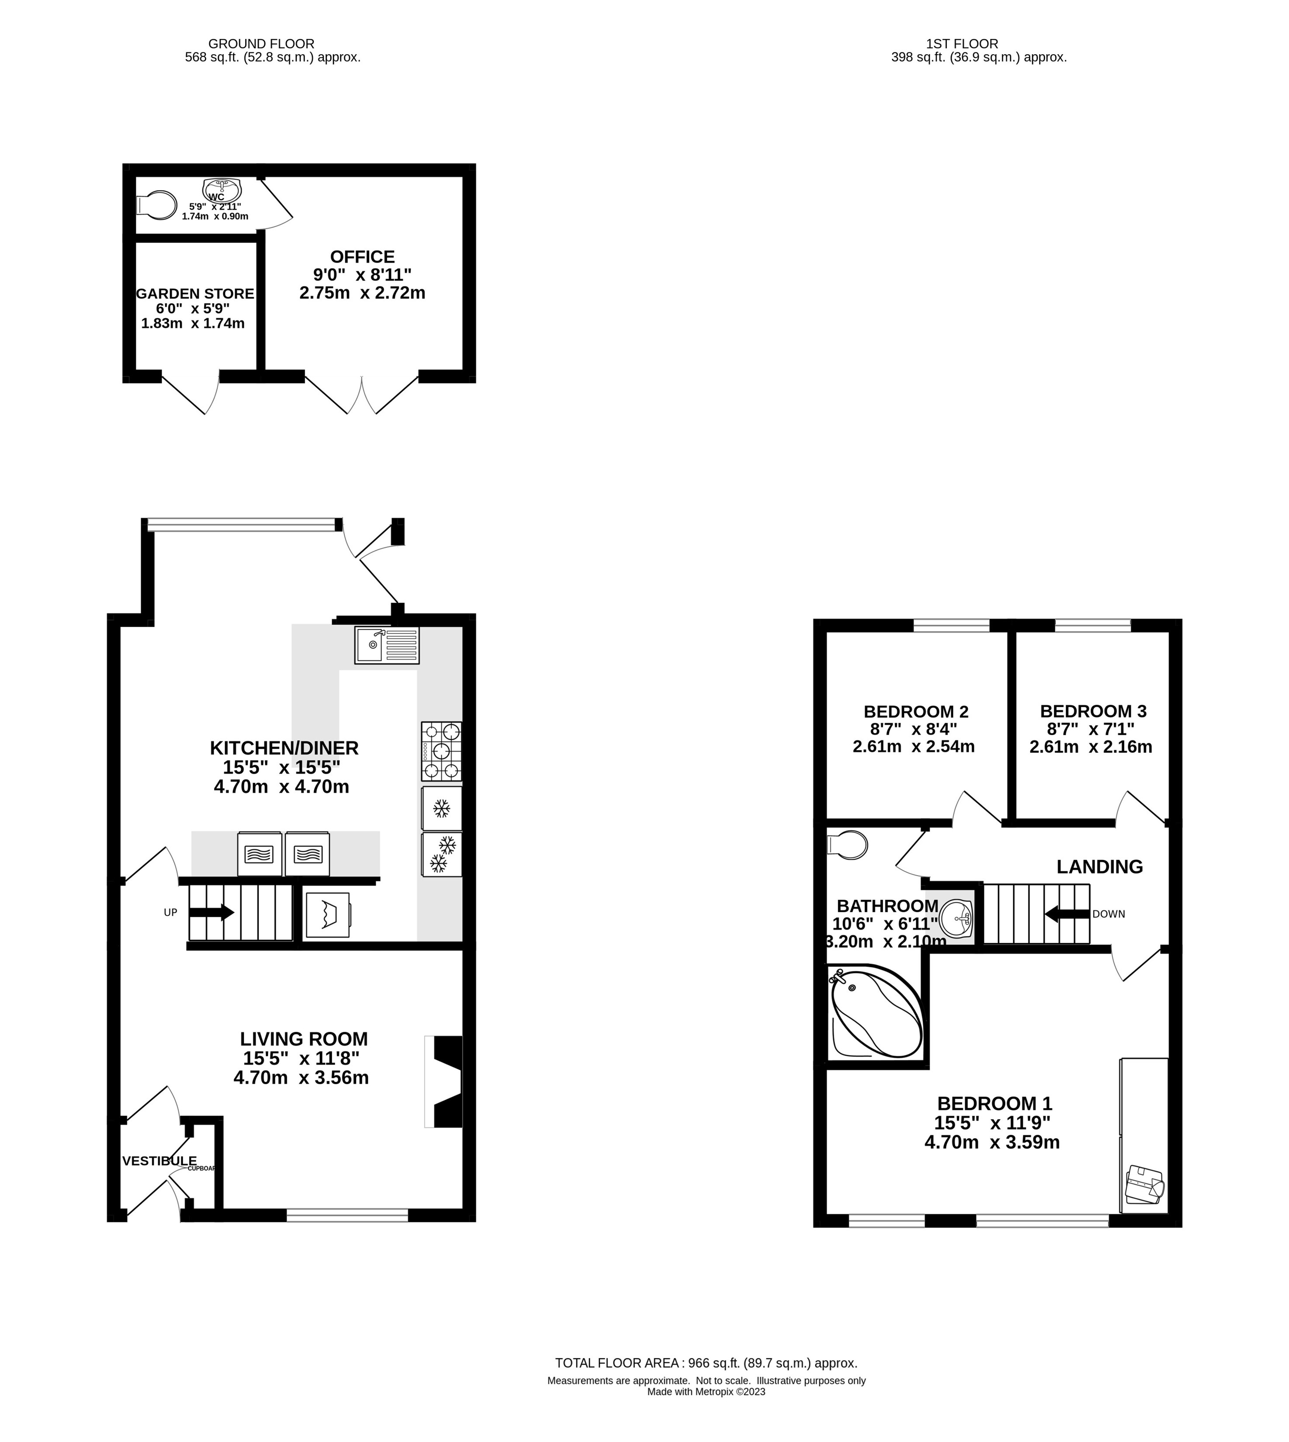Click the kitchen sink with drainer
[387, 645]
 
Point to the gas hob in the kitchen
[441, 750]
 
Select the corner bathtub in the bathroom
[876, 1014]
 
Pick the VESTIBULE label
[159, 1161]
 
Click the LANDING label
[1099, 867]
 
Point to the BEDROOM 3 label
[1093, 711]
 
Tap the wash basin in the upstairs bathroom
[957, 919]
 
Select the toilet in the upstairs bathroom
[847, 845]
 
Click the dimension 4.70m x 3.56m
[301, 1078]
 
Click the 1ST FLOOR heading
[961, 44]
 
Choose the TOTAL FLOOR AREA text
[706, 1362]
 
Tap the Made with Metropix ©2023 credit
[706, 1392]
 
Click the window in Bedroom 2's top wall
[951, 625]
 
